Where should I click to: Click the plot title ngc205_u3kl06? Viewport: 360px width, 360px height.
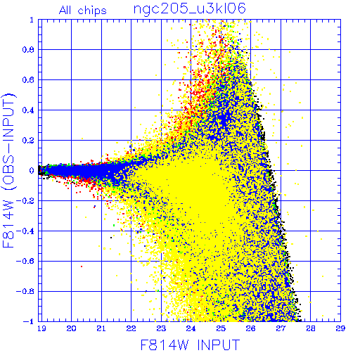(x=189, y=9)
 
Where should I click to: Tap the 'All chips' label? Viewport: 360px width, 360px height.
(x=83, y=11)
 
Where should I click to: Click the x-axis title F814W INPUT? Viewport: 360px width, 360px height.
(x=190, y=345)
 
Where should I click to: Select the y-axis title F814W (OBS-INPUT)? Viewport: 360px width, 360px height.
(x=8, y=170)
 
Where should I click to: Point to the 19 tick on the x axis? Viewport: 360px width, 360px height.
(x=41, y=328)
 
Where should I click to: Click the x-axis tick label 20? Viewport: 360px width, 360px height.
(x=71, y=328)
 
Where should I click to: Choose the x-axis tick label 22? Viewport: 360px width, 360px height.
(x=131, y=328)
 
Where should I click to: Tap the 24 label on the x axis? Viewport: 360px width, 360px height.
(x=191, y=328)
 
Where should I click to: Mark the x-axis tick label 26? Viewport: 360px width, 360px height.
(x=250, y=328)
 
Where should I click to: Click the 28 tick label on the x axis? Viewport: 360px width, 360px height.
(x=311, y=328)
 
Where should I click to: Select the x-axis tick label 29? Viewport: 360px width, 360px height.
(x=340, y=328)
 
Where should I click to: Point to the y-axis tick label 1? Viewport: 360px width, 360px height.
(x=32, y=20)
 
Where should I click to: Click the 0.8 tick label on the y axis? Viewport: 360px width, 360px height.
(x=28, y=50)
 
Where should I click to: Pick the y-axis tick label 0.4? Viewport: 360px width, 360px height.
(x=28, y=110)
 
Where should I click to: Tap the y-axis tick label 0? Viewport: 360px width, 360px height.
(x=32, y=171)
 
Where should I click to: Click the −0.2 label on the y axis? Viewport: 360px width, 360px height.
(x=25, y=201)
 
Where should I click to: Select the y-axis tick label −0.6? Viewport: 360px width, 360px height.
(x=25, y=261)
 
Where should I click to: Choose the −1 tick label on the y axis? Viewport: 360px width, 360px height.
(x=29, y=321)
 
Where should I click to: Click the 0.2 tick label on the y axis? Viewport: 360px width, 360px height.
(x=28, y=141)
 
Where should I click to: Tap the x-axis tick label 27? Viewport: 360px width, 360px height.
(x=281, y=328)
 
